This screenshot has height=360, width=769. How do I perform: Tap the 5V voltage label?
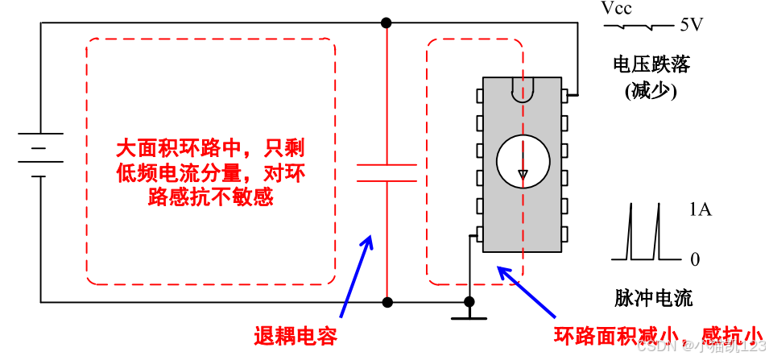691,25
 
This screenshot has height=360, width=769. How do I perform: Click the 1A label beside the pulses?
700,211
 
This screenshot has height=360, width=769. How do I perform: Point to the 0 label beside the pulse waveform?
695,260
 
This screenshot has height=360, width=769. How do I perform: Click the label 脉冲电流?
651,298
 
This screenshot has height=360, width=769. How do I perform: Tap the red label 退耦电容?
296,337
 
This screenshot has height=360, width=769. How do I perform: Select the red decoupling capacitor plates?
387,172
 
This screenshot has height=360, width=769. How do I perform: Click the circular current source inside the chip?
523,159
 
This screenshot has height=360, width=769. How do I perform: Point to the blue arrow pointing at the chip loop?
527,291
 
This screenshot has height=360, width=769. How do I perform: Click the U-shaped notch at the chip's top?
523,89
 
